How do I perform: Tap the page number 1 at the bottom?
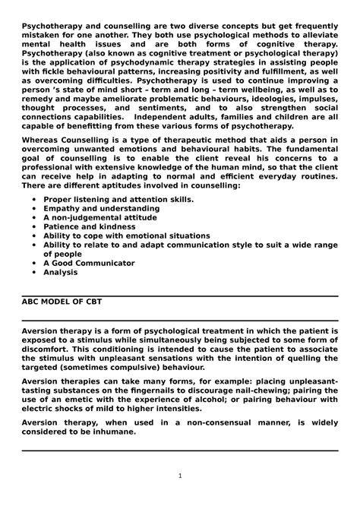click(180, 476)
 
